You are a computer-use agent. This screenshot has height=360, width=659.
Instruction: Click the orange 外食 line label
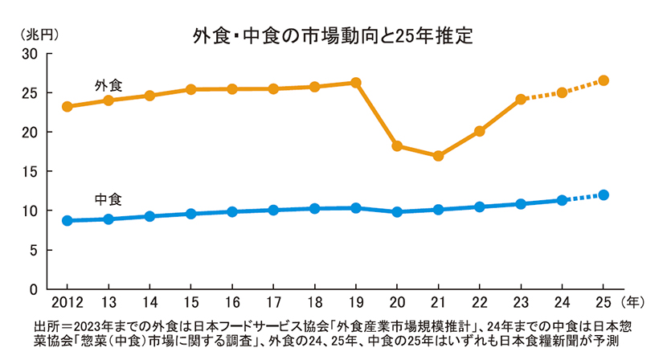(108, 84)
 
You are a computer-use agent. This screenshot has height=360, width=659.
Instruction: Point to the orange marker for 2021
(438, 156)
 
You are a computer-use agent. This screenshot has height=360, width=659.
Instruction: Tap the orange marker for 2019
(355, 83)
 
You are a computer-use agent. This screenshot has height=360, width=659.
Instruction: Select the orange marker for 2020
(397, 146)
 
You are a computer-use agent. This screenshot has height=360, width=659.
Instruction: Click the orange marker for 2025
(604, 80)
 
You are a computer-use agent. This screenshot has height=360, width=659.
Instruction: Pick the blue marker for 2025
(604, 194)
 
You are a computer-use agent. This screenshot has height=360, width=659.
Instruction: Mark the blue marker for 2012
(67, 220)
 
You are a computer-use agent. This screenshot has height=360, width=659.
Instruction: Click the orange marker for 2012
(67, 106)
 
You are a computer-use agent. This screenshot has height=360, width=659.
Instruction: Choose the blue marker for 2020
(397, 211)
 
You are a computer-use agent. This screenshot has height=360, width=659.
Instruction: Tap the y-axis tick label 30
(31, 54)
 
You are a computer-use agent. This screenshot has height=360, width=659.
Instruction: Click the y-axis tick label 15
(31, 171)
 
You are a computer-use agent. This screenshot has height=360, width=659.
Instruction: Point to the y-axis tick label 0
(35, 288)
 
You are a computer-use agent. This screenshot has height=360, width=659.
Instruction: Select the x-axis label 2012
(67, 303)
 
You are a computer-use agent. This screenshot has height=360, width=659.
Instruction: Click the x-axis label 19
(355, 303)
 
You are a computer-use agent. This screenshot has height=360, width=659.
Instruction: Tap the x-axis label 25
(604, 303)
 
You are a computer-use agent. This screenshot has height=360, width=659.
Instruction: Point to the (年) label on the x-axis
(635, 303)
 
